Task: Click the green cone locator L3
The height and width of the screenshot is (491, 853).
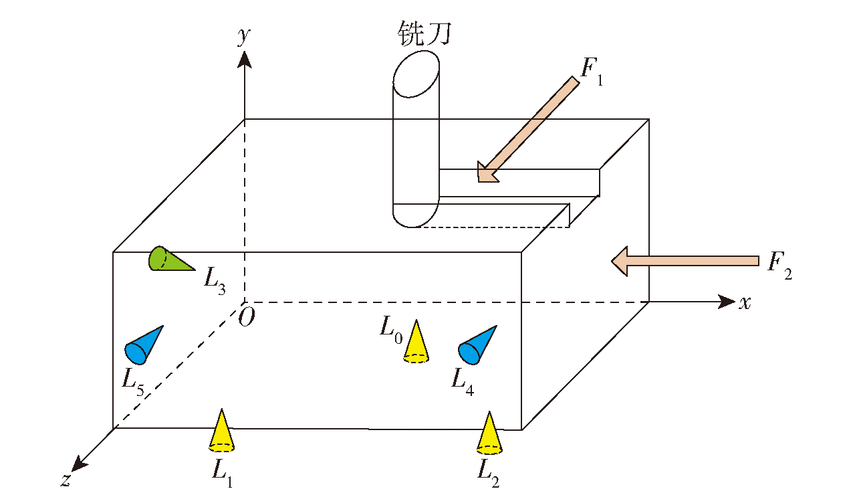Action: [168, 259]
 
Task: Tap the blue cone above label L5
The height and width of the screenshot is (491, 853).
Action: [143, 346]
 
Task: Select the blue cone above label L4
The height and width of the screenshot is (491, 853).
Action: [476, 346]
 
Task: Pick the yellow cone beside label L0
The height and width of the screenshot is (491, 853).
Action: [416, 342]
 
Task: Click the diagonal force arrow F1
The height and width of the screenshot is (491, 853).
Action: [528, 130]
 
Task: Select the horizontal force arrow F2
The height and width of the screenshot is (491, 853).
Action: [685, 261]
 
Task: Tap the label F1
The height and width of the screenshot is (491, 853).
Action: [592, 72]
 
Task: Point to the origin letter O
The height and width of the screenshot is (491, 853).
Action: [247, 317]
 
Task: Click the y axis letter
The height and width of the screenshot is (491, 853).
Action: [244, 37]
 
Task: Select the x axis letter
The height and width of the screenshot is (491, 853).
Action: [745, 303]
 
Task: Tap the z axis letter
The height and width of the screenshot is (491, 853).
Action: [66, 480]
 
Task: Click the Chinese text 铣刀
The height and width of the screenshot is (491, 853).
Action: [424, 33]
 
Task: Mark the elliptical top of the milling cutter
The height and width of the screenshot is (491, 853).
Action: [416, 74]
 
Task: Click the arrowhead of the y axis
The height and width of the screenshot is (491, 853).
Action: [245, 59]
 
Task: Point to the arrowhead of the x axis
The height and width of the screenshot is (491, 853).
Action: [727, 302]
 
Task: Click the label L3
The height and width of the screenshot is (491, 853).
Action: [215, 281]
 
